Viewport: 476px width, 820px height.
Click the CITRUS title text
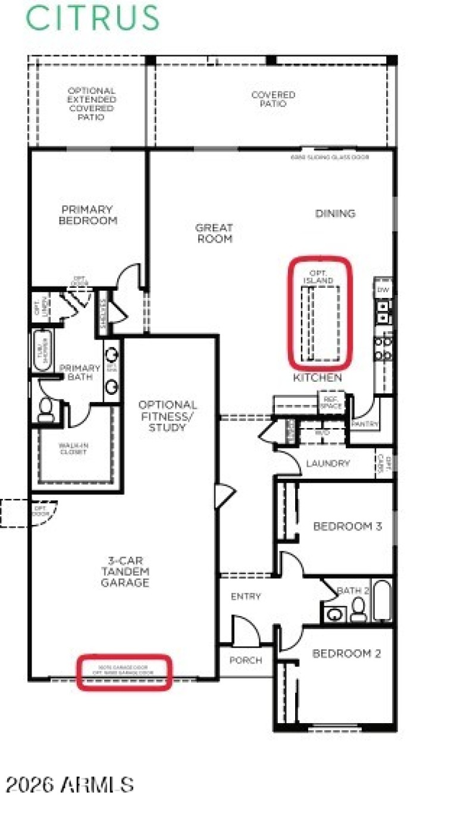93,18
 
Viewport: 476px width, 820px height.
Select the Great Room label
214,233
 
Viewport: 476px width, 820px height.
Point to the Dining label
335,213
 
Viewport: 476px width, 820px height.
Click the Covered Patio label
273,99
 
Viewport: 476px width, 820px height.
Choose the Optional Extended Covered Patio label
91,104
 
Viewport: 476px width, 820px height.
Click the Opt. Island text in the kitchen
318,277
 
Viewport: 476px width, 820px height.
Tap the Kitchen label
317,378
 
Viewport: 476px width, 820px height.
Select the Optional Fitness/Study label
167,416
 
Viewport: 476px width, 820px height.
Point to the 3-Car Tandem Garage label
125,571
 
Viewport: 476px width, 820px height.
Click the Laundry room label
327,463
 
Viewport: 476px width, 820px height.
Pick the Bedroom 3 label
347,526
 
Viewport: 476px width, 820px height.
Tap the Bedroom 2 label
346,654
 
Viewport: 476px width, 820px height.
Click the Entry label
246,596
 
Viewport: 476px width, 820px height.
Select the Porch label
246,660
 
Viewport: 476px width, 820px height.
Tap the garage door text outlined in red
124,670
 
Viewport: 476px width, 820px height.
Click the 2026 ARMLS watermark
70,784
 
